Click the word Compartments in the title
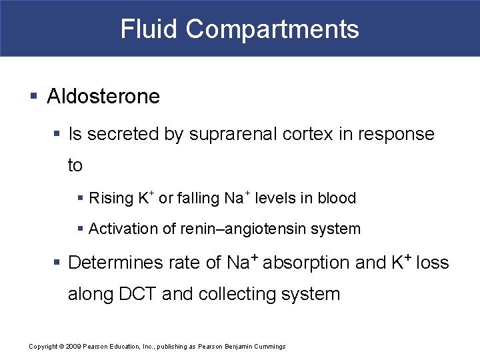pyautogui.click(x=273, y=29)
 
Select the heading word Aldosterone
pyautogui.click(x=103, y=97)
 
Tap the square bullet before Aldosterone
pyautogui.click(x=34, y=97)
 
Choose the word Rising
pyautogui.click(x=111, y=198)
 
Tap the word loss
pyautogui.click(x=432, y=263)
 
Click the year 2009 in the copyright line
pyautogui.click(x=73, y=347)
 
